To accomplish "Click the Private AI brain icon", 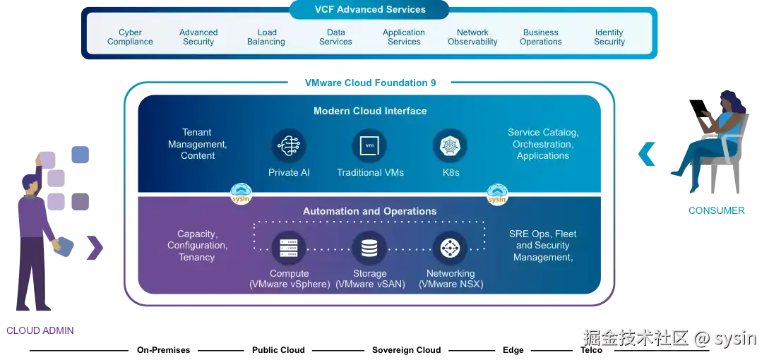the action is click(288, 145).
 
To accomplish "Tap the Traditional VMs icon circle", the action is click(369, 145).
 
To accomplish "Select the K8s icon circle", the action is click(450, 145).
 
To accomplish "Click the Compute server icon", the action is click(288, 248).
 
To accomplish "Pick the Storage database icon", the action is click(369, 248).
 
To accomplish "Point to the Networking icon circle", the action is click(450, 248).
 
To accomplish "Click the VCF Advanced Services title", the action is click(370, 9).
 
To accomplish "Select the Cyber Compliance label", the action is click(130, 37).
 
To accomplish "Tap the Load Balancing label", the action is click(266, 37).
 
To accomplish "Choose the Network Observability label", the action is click(473, 37).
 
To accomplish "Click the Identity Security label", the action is click(609, 37).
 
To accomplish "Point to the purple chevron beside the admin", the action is click(95, 248).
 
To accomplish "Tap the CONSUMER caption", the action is click(717, 210).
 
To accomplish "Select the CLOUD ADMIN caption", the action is click(40, 330).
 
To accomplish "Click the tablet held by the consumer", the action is click(699, 109).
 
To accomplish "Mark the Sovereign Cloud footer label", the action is click(407, 350).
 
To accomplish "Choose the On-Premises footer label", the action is click(163, 350).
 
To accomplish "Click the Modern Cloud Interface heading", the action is click(370, 111).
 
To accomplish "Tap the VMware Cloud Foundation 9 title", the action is click(370, 83).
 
